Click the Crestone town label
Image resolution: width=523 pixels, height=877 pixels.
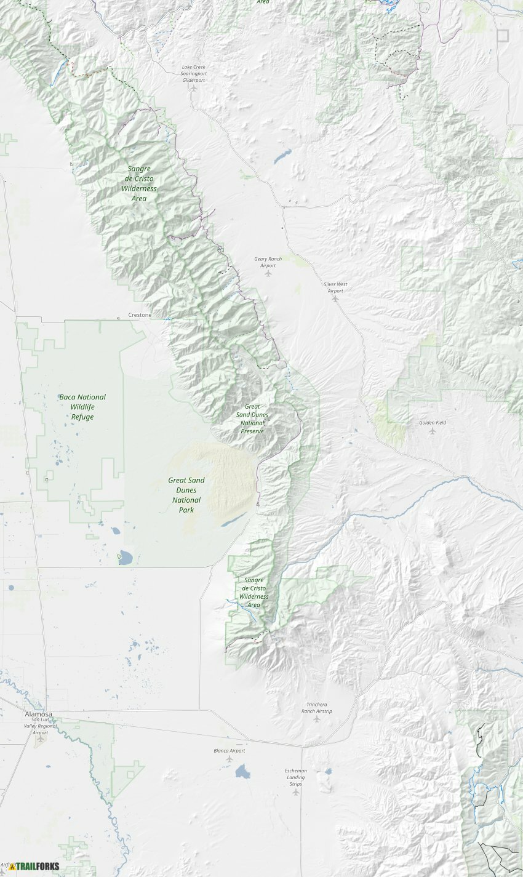[139, 315]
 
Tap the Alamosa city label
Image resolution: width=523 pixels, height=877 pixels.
[38, 715]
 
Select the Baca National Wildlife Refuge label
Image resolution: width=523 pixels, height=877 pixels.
[82, 407]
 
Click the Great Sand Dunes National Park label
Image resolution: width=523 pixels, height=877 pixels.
[186, 495]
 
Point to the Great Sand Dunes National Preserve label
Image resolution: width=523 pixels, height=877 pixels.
[252, 418]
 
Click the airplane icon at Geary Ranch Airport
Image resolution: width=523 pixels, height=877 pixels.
[268, 273]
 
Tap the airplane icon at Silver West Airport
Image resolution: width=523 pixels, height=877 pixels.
[335, 298]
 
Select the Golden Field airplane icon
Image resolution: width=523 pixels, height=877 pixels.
[432, 431]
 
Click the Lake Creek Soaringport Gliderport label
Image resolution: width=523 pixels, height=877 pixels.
[194, 73]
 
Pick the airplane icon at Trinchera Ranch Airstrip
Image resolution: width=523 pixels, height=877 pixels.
[317, 719]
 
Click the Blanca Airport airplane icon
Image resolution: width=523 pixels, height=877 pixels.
[230, 759]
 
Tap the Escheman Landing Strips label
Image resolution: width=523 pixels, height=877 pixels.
[295, 777]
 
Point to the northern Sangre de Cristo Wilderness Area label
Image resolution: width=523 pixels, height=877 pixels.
[139, 183]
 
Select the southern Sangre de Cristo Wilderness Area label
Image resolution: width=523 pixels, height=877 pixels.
[254, 592]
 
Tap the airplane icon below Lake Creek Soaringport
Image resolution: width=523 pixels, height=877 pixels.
[194, 88]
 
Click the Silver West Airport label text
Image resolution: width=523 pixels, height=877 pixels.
[335, 287]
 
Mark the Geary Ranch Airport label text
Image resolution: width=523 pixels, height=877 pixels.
[268, 262]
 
